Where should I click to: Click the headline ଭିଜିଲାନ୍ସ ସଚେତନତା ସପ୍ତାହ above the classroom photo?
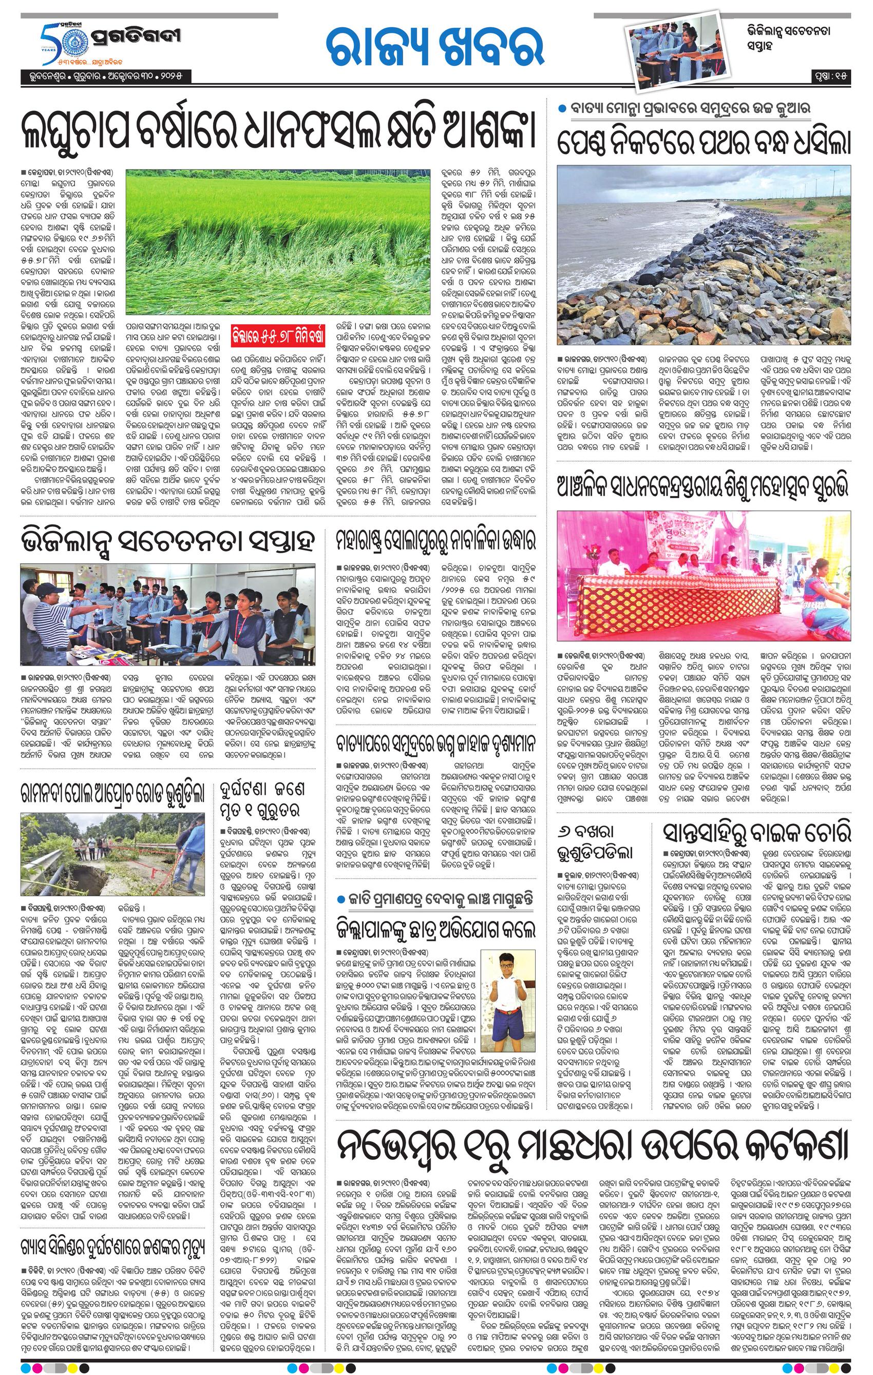click(167, 540)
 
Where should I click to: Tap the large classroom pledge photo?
click(167, 613)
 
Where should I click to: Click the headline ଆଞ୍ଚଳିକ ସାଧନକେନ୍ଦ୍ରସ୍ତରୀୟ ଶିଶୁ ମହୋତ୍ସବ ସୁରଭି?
click(704, 487)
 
